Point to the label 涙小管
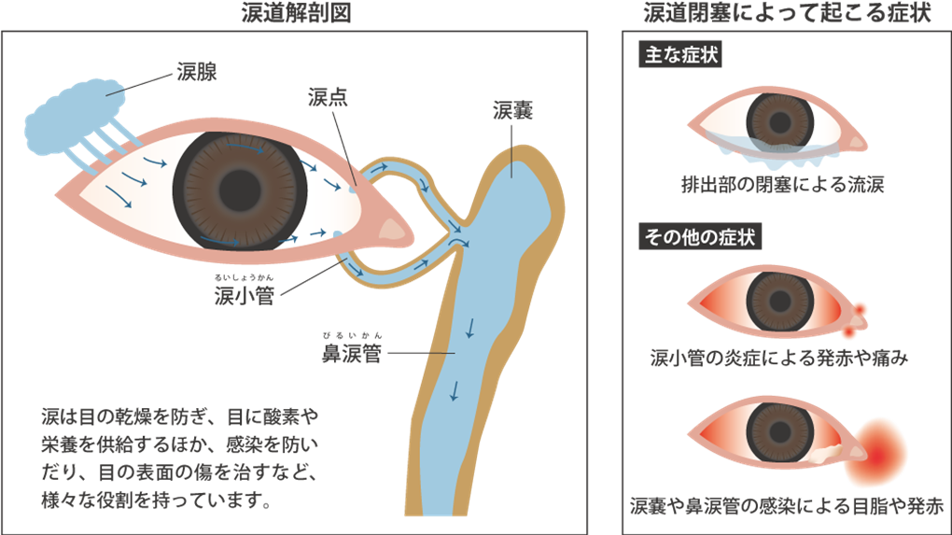coord(244,297)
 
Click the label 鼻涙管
coord(351,354)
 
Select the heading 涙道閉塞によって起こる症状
coord(788,14)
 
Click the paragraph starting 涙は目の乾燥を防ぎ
coord(181,457)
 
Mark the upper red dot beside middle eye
coord(860,309)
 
